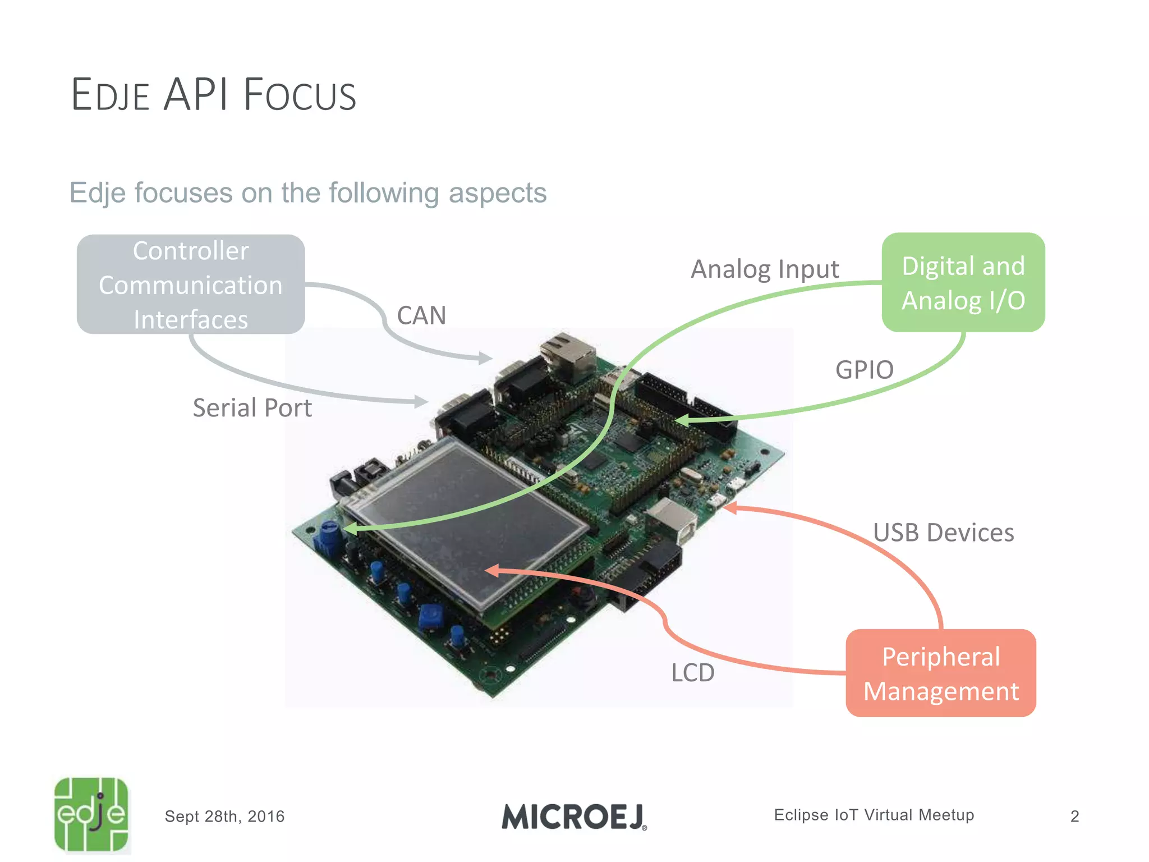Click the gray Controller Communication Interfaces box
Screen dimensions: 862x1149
(191, 285)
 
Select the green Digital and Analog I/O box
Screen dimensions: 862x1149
(963, 282)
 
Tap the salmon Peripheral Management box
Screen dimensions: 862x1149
(941, 673)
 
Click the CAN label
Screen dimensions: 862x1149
(421, 315)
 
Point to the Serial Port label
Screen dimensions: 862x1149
(252, 408)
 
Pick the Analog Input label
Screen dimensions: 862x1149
(765, 269)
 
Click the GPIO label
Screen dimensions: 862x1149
(864, 370)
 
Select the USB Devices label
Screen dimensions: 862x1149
(943, 533)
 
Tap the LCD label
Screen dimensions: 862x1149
(693, 672)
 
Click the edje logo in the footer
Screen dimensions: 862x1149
(91, 814)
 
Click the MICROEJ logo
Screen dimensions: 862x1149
(574, 817)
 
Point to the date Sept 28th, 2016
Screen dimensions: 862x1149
(224, 817)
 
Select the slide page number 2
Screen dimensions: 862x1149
(1074, 817)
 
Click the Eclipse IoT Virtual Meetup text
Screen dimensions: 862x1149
(874, 815)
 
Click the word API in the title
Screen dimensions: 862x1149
(196, 94)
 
